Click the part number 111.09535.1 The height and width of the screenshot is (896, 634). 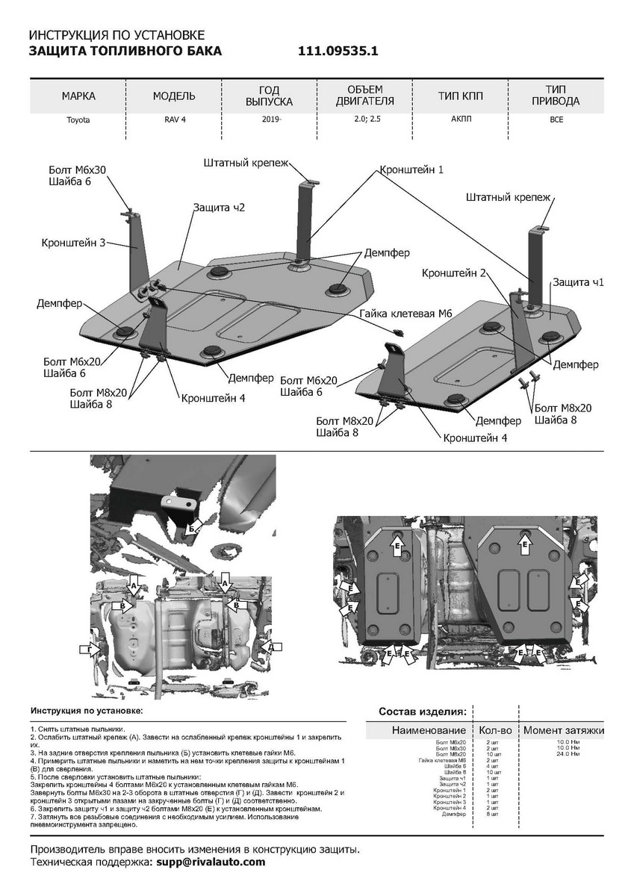pos(338,52)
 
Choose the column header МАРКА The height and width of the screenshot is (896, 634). pos(78,96)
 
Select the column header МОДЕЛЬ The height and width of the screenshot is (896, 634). pos(174,96)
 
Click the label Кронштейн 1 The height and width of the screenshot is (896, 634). pos(411,169)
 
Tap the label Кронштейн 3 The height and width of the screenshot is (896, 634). pos(72,242)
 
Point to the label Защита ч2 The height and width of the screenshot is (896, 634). pos(218,207)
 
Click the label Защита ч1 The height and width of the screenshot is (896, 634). pos(578,282)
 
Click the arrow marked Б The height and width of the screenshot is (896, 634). pos(194,527)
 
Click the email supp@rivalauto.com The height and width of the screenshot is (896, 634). pos(211,862)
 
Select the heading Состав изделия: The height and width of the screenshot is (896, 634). pos(423,710)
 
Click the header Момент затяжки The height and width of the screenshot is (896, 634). pos(564,730)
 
